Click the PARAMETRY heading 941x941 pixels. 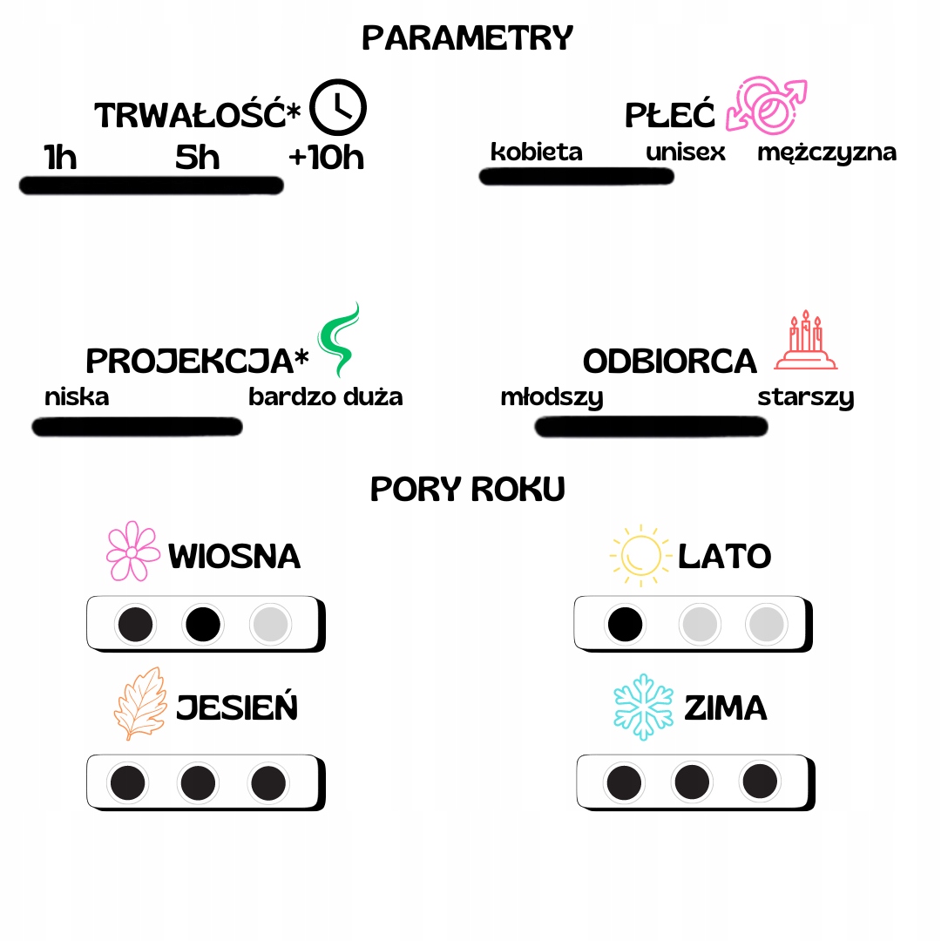[x=468, y=38]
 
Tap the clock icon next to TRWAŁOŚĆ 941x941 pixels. [x=339, y=107]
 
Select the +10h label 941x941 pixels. [x=326, y=158]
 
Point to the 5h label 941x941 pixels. [x=198, y=158]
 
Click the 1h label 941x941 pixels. [x=60, y=158]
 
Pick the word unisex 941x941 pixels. [x=686, y=152]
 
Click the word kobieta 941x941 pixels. [x=536, y=152]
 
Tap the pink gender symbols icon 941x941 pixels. [x=767, y=105]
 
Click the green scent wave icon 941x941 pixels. [x=339, y=338]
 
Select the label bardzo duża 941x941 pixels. [x=326, y=397]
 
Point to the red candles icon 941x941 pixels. [x=805, y=341]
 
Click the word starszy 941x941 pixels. [x=805, y=398]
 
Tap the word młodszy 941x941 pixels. [x=552, y=398]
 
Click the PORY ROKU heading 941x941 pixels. [x=468, y=489]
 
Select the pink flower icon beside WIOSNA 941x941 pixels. [x=132, y=552]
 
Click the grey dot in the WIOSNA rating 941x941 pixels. [x=271, y=624]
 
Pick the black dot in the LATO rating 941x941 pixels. [x=626, y=624]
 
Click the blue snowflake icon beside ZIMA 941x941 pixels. [x=645, y=706]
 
